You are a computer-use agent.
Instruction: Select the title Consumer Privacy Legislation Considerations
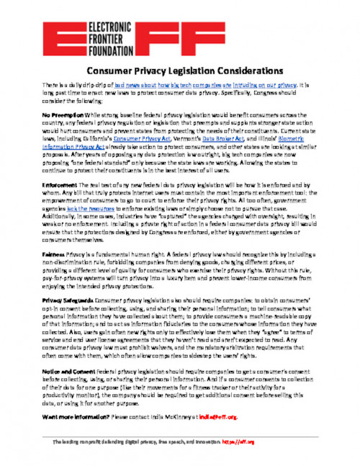(x=180, y=72)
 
